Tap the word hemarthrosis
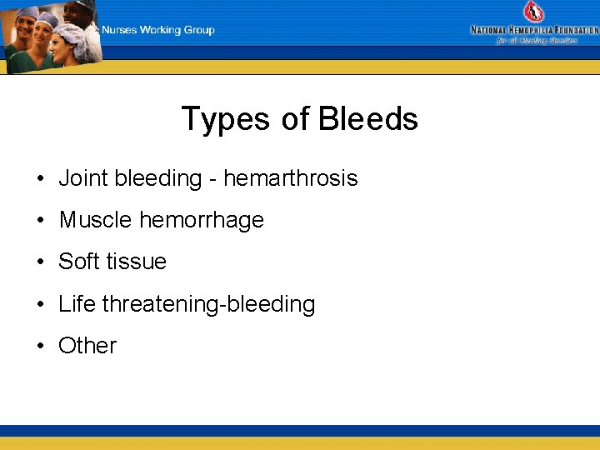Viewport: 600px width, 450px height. [290, 178]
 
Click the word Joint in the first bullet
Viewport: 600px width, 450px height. [83, 178]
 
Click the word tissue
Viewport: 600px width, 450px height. [136, 262]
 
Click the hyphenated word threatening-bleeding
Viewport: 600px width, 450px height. [208, 304]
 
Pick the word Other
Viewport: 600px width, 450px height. [87, 346]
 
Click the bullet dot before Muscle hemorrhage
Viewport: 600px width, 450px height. [40, 221]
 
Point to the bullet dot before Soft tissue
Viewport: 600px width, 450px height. [40, 262]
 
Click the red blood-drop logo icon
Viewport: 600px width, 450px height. [533, 12]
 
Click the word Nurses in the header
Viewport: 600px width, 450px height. [120, 30]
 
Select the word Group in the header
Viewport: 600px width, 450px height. [199, 30]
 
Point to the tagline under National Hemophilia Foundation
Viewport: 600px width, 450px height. [537, 40]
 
